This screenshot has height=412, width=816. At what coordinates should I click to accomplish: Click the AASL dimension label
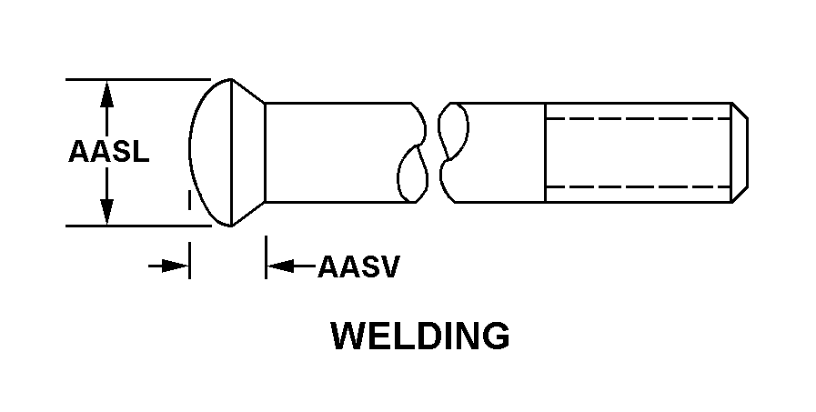[109, 151]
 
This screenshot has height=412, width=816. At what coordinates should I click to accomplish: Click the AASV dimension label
[358, 266]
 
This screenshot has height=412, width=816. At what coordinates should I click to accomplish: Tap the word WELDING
[420, 336]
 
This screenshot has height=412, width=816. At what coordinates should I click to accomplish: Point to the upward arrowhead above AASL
[106, 95]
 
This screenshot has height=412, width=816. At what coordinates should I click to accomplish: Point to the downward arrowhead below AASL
[106, 212]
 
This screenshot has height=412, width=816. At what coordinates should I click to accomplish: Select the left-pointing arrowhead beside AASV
[280, 266]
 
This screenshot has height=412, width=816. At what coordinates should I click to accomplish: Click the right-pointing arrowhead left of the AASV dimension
[176, 266]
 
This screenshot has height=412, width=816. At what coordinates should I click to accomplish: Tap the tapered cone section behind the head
[248, 153]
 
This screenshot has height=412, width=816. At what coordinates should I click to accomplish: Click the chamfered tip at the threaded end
[740, 153]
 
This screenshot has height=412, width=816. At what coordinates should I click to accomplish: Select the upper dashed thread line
[638, 118]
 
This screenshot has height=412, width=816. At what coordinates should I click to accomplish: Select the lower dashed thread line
[638, 186]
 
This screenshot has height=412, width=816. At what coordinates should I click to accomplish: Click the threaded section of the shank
[639, 153]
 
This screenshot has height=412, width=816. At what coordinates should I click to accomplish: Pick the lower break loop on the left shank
[413, 173]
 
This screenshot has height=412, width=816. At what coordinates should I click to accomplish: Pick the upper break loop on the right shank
[453, 132]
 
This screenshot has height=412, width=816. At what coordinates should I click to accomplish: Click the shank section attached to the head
[338, 153]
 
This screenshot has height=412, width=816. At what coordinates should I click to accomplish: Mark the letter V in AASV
[389, 266]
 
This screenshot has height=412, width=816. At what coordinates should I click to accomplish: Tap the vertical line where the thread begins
[545, 153]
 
